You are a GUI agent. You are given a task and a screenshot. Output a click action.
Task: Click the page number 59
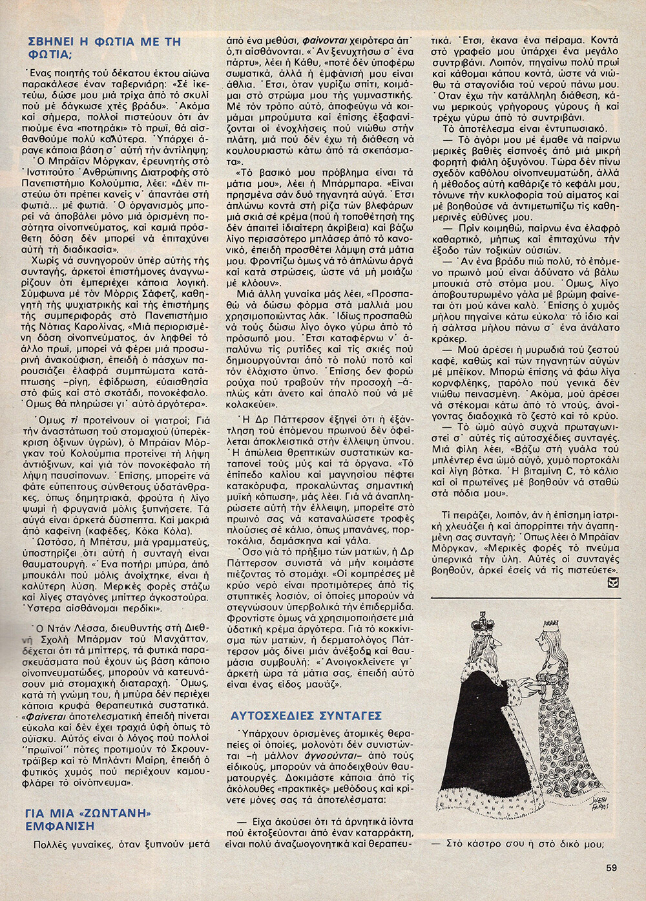point(611,868)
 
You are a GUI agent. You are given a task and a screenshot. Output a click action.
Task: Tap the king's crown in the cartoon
point(481,624)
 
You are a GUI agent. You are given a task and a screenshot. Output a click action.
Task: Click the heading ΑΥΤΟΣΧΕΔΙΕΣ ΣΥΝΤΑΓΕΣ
point(306,715)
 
